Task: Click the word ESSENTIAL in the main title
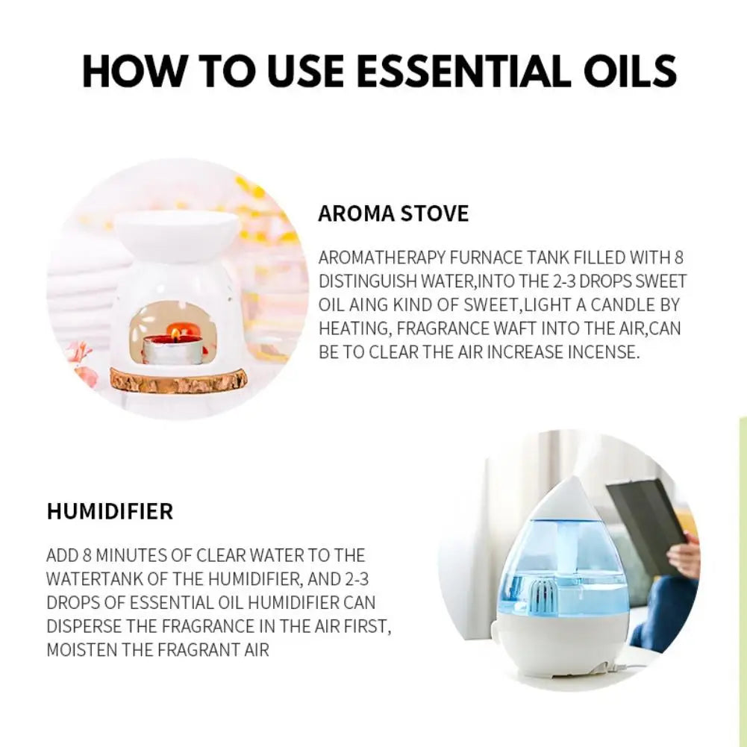click(x=457, y=72)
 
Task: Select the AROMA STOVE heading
click(x=393, y=213)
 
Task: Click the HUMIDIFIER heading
click(x=110, y=512)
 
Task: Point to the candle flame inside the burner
click(x=174, y=329)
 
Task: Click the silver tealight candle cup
click(x=173, y=349)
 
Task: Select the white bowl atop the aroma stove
click(x=176, y=232)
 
